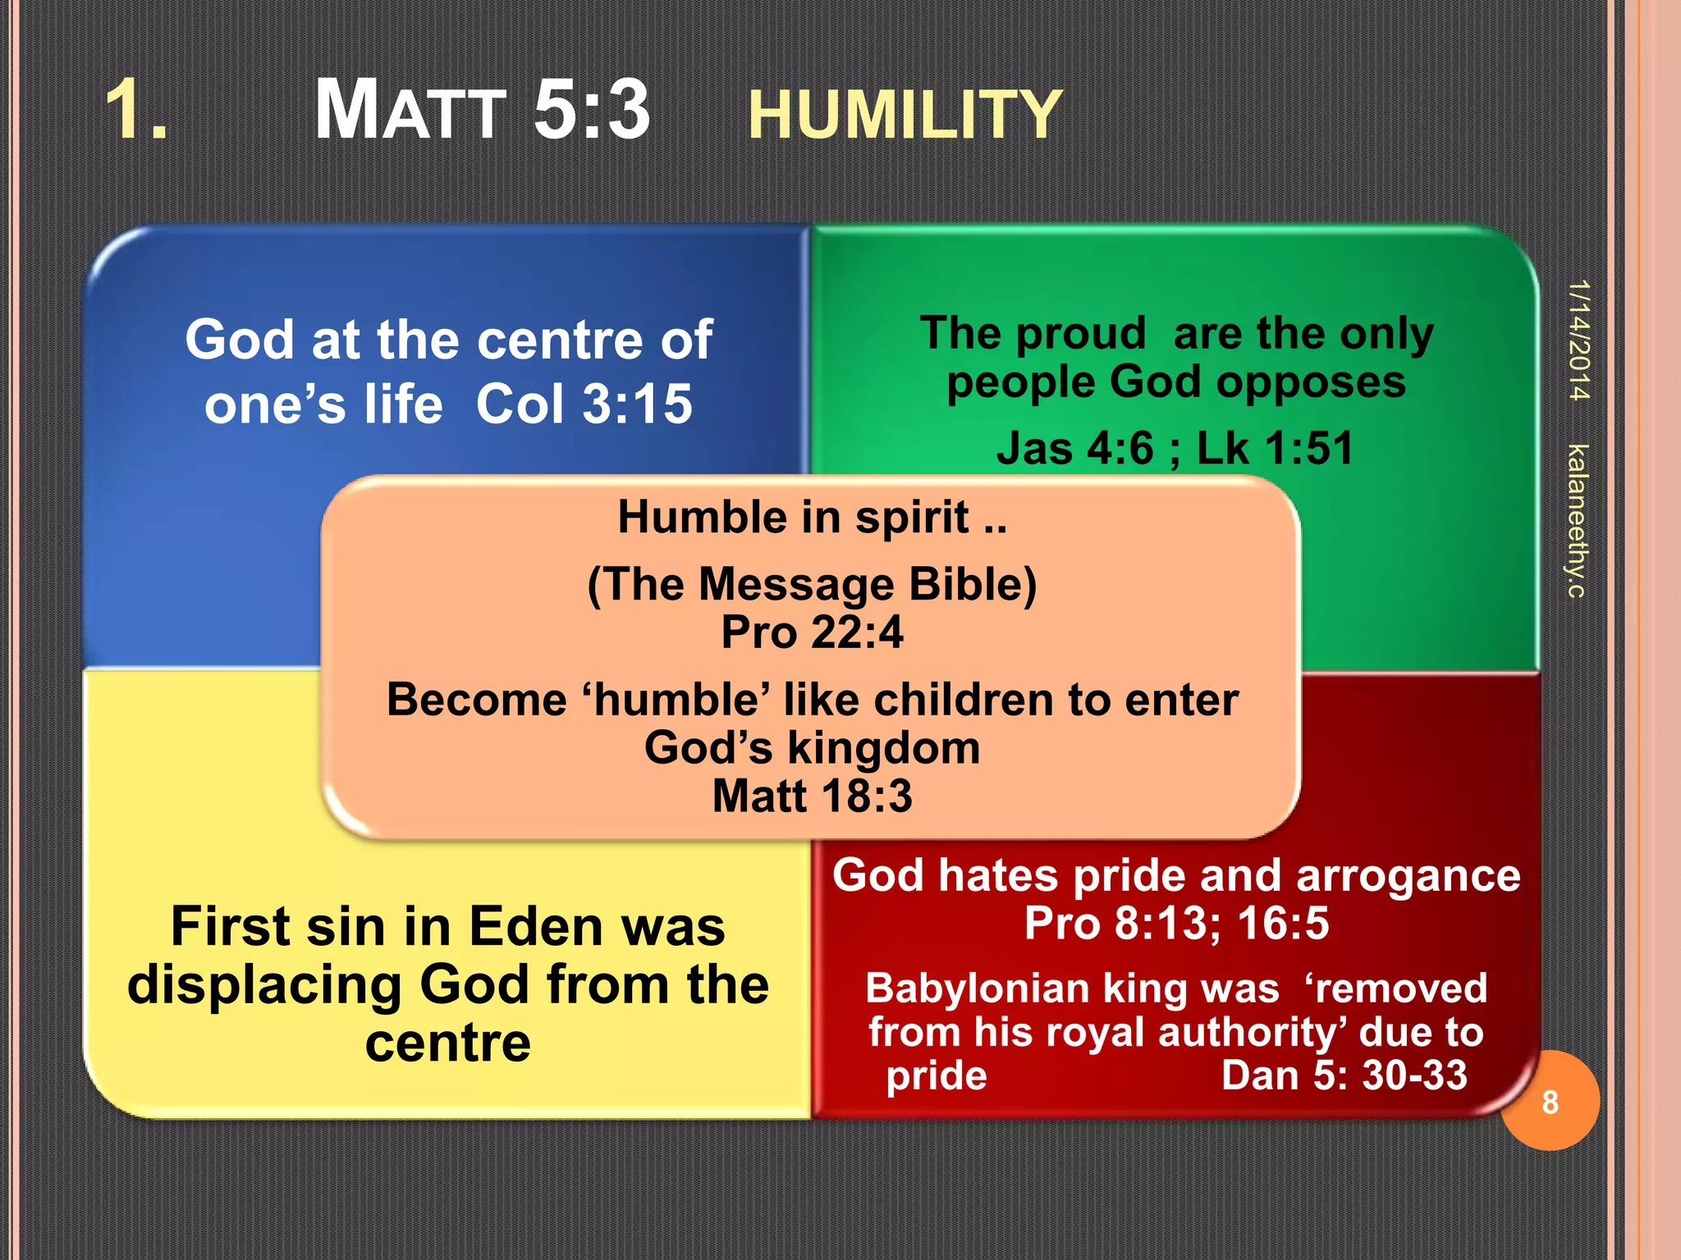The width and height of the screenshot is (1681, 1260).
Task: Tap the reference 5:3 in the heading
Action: (x=591, y=110)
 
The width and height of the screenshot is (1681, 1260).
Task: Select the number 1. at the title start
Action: (x=137, y=110)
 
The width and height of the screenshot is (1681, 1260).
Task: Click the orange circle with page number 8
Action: (x=1550, y=1102)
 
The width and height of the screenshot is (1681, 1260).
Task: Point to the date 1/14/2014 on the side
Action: (x=1578, y=340)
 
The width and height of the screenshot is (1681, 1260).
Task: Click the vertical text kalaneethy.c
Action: (x=1577, y=520)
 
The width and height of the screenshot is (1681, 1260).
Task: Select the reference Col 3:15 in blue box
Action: (x=584, y=404)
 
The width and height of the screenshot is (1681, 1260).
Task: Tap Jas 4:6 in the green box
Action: (x=1074, y=449)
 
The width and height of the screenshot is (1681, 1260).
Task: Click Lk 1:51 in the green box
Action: (x=1274, y=449)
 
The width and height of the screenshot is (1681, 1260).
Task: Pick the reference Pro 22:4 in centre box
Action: (x=812, y=632)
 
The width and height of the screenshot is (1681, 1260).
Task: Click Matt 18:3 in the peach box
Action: (x=812, y=796)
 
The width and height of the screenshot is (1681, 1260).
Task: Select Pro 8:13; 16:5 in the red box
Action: (x=1175, y=923)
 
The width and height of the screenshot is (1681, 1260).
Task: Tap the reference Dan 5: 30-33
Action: (x=1344, y=1075)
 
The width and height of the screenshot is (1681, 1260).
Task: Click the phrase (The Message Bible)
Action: (x=812, y=585)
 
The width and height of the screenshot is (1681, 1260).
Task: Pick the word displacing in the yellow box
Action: (x=264, y=985)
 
